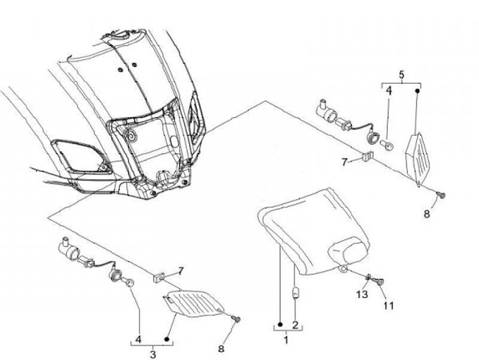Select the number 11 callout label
point(388,305)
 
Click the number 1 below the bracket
point(287,340)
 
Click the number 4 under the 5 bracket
point(389,90)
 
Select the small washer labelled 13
point(367,276)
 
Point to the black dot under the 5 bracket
point(417,90)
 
